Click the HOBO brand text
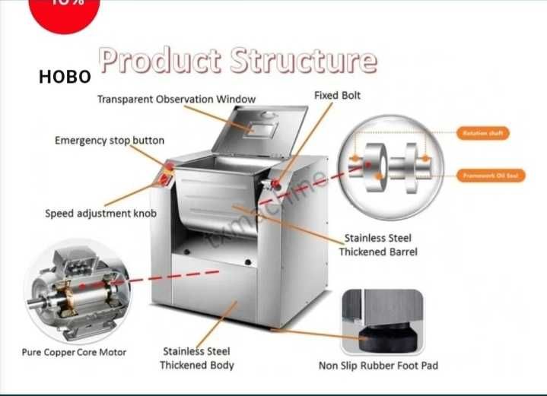(65, 77)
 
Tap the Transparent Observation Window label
(177, 100)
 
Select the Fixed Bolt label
(337, 96)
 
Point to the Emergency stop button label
(109, 141)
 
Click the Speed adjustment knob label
(100, 214)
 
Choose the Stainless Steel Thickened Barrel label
(378, 245)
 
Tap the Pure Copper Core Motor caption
(74, 352)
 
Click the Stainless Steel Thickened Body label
(196, 358)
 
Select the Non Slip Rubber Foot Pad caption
(378, 366)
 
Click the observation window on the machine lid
(262, 127)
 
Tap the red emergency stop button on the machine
(169, 166)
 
